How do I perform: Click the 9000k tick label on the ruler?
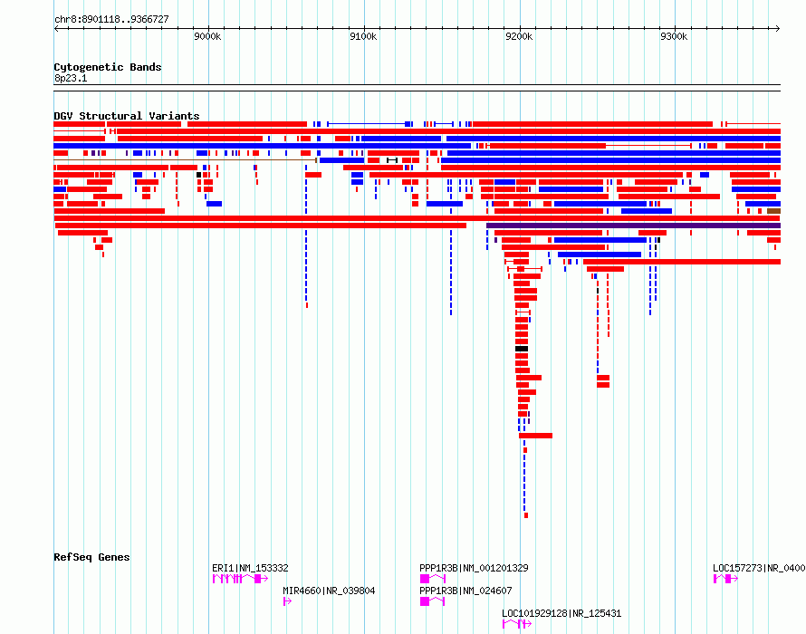[x=207, y=36]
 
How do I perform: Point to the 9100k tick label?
[x=363, y=36]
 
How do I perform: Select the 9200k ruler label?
[x=519, y=36]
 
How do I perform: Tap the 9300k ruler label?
[x=674, y=36]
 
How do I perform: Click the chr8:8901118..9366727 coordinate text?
[x=111, y=20]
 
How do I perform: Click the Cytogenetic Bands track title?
[x=108, y=67]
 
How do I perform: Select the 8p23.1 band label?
[x=71, y=78]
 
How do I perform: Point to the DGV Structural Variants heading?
[x=127, y=116]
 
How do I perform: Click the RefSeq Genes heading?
[x=91, y=557]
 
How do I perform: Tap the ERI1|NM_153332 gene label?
[x=250, y=568]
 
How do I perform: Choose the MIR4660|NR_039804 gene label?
[x=329, y=591]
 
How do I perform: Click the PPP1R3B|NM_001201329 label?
[x=474, y=568]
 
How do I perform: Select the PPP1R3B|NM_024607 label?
[x=465, y=591]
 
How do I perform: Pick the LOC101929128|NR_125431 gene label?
[x=561, y=613]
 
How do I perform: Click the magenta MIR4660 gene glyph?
[x=287, y=601]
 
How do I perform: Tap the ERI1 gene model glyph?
[x=240, y=579]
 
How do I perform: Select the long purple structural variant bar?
[x=633, y=226]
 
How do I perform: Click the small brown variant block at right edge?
[x=773, y=211]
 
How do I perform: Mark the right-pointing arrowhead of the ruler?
[x=778, y=29]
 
